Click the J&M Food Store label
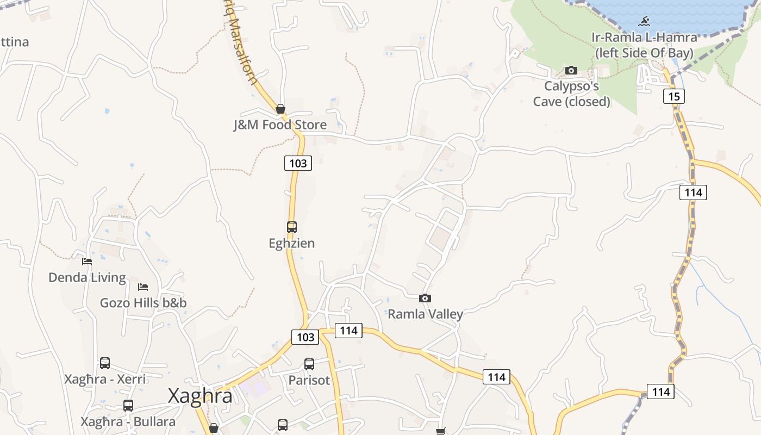click(280, 125)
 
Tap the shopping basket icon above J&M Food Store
click(280, 109)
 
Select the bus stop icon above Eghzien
click(292, 227)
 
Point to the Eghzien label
click(292, 243)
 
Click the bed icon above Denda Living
click(87, 262)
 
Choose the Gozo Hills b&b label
click(143, 303)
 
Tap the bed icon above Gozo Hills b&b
click(143, 287)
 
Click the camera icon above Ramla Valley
click(425, 298)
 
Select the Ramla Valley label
click(425, 314)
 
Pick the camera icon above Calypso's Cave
click(571, 70)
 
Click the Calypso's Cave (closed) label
click(571, 94)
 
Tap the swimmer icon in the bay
click(644, 21)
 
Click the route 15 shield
click(673, 96)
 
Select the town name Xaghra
click(200, 395)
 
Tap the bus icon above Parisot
click(309, 364)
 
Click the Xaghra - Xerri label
click(105, 379)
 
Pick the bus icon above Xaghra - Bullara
click(128, 406)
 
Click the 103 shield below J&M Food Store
click(298, 163)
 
